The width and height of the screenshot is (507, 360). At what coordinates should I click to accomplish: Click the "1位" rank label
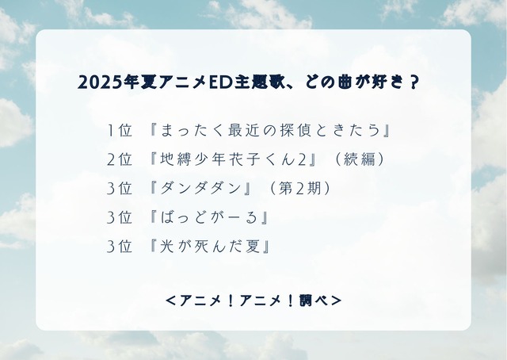pyautogui.click(x=119, y=130)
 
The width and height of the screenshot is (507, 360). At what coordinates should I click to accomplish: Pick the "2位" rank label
pyautogui.click(x=119, y=159)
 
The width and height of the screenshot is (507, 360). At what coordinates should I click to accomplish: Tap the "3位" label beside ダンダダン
pyautogui.click(x=119, y=188)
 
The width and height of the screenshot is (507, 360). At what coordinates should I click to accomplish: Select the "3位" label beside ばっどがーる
pyautogui.click(x=119, y=216)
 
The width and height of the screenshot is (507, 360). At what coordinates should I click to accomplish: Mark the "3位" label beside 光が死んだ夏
pyautogui.click(x=119, y=245)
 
